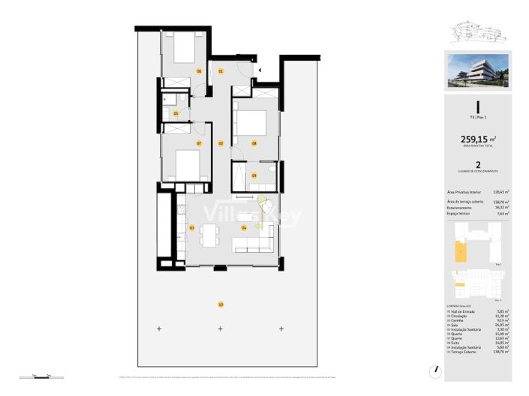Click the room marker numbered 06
(x=199, y=71)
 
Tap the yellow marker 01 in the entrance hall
(x=221, y=71)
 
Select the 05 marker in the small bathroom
(x=176, y=114)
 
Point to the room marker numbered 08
(x=254, y=142)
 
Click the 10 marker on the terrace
(x=220, y=304)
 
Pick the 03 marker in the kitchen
(x=191, y=227)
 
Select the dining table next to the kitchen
(x=207, y=234)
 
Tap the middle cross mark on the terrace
(x=220, y=328)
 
